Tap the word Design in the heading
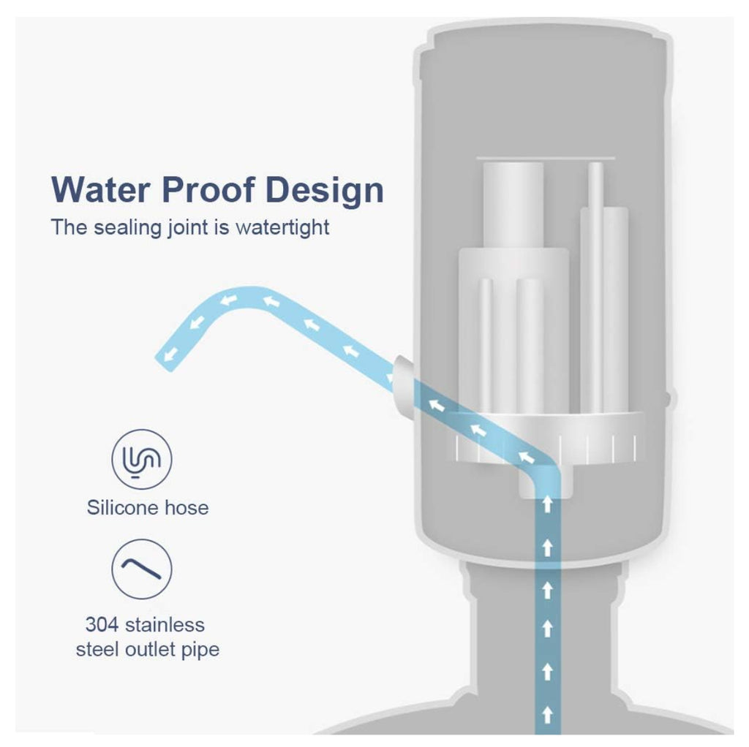(x=324, y=190)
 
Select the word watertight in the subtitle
(x=282, y=227)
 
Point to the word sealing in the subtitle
(x=128, y=227)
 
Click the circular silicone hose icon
(x=141, y=459)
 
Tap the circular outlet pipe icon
(x=141, y=569)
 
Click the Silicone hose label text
(x=147, y=507)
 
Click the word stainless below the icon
(x=165, y=625)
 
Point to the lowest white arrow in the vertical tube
(x=546, y=712)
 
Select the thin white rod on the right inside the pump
(x=595, y=285)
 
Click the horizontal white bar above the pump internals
(x=545, y=157)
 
